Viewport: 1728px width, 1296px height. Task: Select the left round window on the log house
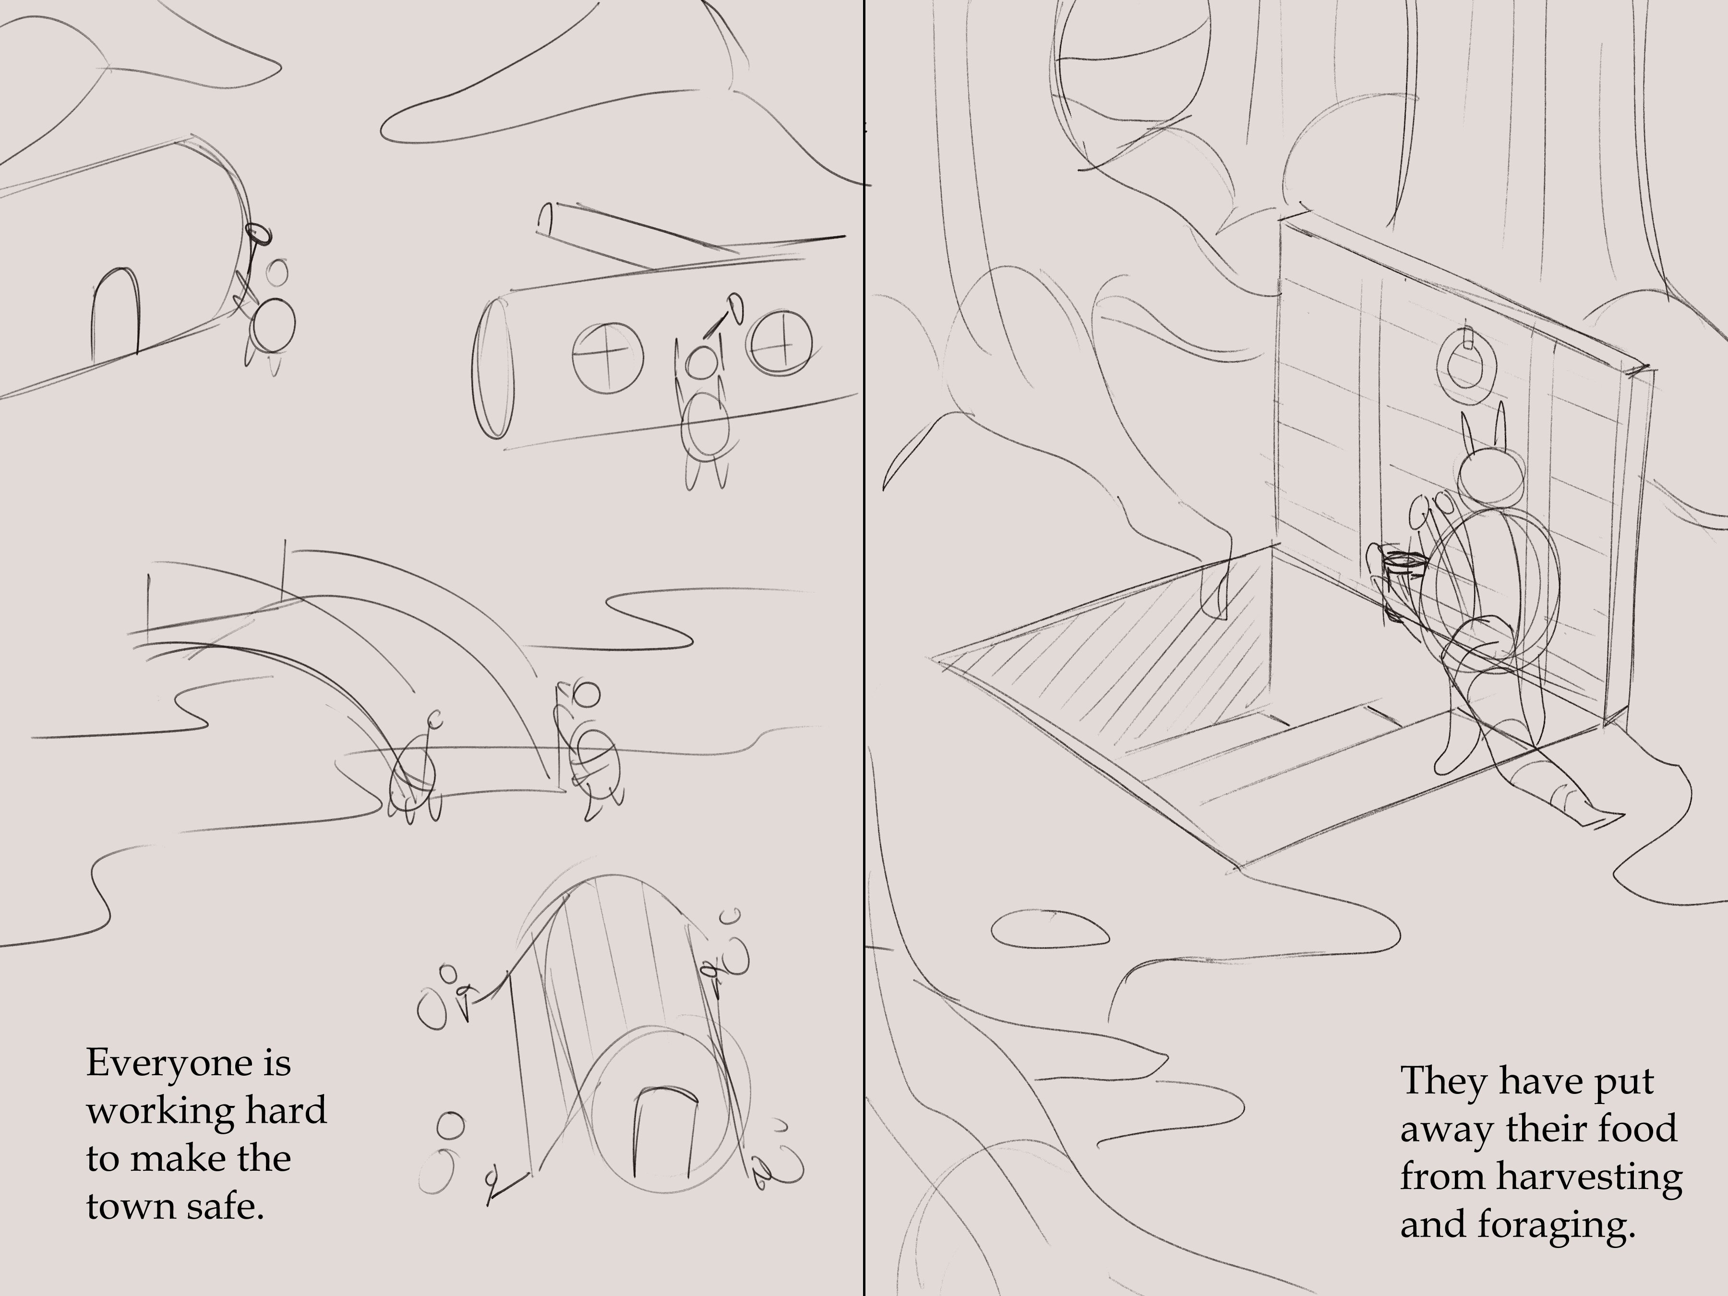pyautogui.click(x=607, y=358)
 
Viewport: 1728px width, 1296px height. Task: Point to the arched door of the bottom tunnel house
pyautogui.click(x=661, y=1133)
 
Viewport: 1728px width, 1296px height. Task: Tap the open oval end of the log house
pyautogui.click(x=494, y=370)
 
